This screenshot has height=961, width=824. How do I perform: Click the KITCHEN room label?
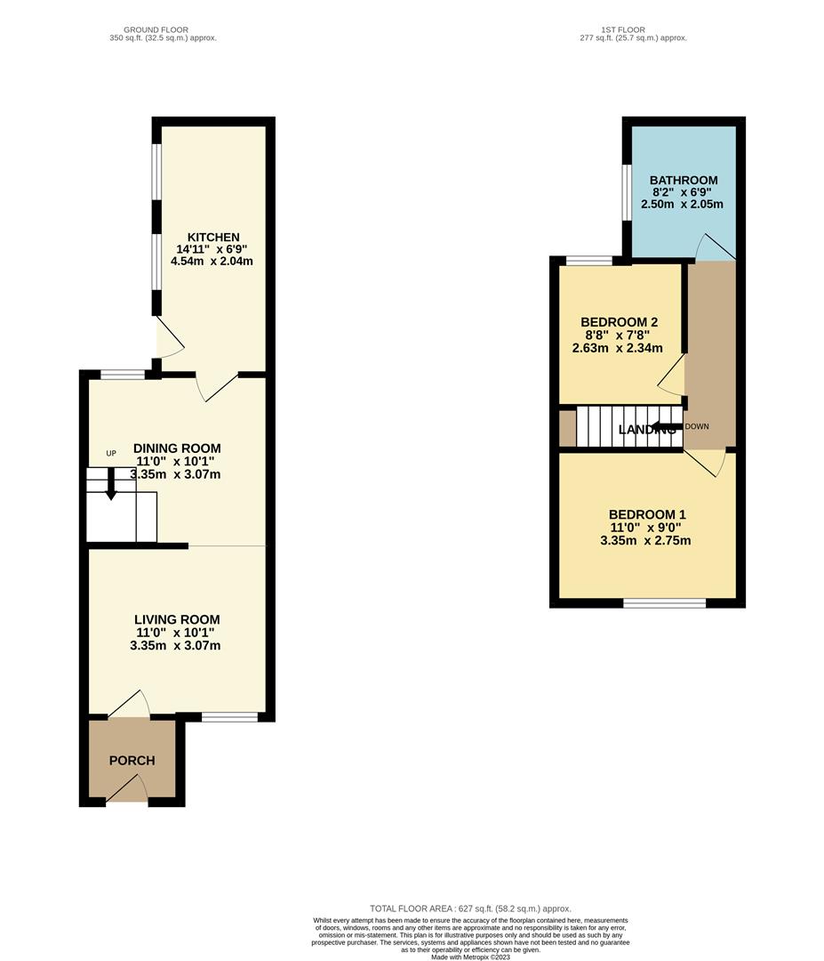tap(212, 237)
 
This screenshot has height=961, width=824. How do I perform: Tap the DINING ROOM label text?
tap(177, 448)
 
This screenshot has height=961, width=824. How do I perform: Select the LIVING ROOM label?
tap(177, 619)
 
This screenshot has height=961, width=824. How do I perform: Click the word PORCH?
tap(132, 761)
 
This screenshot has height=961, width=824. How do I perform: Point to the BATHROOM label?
tap(684, 181)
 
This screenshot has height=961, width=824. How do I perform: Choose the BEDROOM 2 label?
tap(620, 321)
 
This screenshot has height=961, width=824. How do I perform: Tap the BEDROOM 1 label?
tap(647, 514)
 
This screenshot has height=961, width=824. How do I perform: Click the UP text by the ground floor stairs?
tap(111, 454)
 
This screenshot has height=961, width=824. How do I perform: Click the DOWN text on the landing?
tap(698, 426)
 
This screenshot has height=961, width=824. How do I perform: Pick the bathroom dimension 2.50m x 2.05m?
tap(683, 205)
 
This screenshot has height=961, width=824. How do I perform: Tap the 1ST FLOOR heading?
tap(623, 29)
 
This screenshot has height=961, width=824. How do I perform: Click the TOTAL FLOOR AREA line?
tap(470, 908)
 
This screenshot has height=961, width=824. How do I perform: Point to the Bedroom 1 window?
tap(665, 602)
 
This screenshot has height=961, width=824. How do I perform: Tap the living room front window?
tap(229, 715)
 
